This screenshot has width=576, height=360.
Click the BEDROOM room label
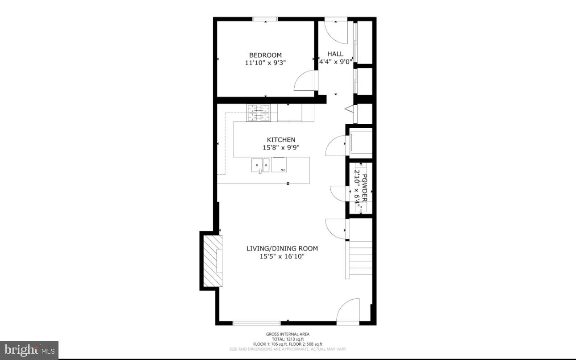click(x=265, y=55)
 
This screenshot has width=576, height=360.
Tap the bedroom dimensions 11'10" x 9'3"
click(x=265, y=63)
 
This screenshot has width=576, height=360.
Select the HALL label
click(x=335, y=54)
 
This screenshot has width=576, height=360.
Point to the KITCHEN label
click(x=281, y=140)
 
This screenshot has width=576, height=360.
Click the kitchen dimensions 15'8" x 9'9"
click(x=281, y=147)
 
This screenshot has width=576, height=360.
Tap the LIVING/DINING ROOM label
click(x=282, y=248)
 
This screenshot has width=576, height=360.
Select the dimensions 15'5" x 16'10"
click(x=282, y=256)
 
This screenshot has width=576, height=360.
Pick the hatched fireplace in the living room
click(x=212, y=261)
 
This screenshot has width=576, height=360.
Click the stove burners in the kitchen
click(x=259, y=113)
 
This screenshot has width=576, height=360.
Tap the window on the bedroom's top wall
click(x=265, y=19)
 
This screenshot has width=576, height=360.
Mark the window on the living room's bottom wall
click(x=257, y=322)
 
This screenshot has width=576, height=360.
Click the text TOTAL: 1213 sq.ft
click(x=288, y=339)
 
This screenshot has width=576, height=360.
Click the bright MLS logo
click(x=29, y=350)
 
